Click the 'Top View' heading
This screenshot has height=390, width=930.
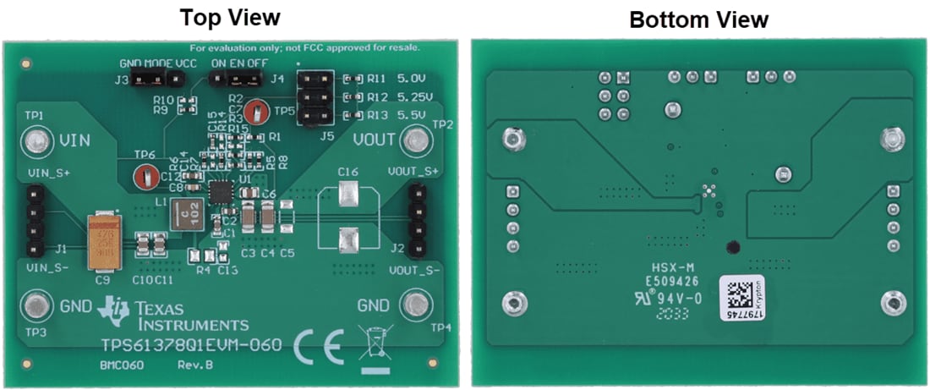click(230, 16)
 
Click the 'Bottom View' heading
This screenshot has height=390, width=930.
click(698, 19)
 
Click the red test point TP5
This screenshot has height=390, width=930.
click(261, 110)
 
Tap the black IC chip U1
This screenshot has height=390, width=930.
click(222, 192)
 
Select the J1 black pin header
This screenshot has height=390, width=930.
click(36, 222)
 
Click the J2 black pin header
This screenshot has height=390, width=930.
click(417, 222)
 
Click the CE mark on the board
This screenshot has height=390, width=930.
click(318, 346)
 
